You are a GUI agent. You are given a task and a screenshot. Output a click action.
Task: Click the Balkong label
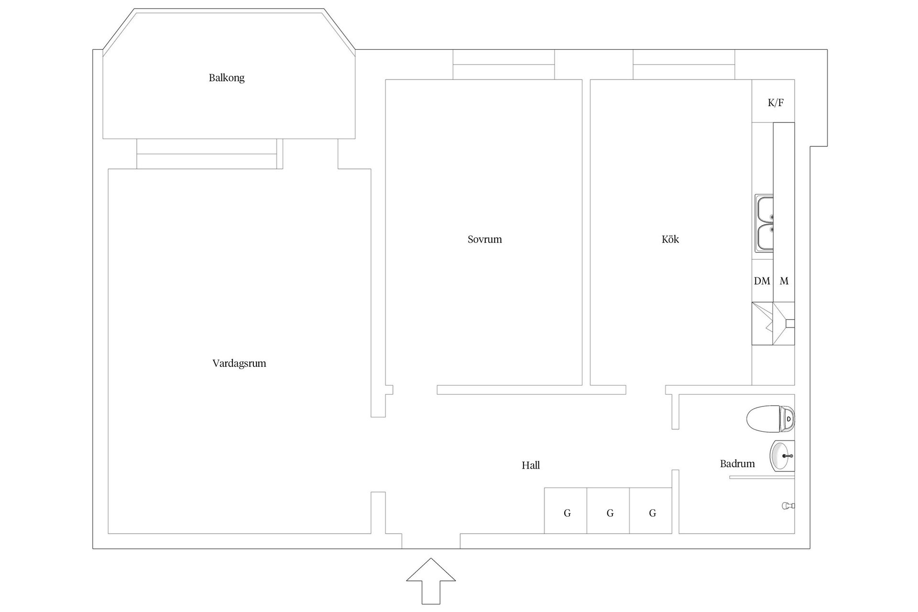point(227,78)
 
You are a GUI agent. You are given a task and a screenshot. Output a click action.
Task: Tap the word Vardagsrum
point(239,363)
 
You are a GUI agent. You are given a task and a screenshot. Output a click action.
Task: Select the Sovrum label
point(485,240)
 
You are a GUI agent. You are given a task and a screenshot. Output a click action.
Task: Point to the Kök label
point(670,239)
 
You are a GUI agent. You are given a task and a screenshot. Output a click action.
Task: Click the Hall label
point(531,465)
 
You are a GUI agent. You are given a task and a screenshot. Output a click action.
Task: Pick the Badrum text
point(737,463)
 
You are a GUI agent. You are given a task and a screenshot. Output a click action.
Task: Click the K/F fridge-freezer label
point(776,102)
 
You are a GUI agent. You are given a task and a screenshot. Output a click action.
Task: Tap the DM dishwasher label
point(762,281)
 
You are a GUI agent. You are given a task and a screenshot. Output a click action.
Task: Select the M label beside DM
point(784,281)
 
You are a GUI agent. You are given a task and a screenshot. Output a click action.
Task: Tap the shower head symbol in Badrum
point(788,505)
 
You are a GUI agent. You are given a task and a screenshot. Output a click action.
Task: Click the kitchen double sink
point(764,223)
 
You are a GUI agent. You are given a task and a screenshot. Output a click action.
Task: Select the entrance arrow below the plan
point(431,581)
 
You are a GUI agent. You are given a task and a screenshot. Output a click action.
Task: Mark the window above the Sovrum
point(504,65)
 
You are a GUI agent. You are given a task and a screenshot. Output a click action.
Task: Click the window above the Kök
point(684,65)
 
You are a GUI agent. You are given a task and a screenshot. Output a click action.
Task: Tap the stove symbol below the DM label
point(773,323)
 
